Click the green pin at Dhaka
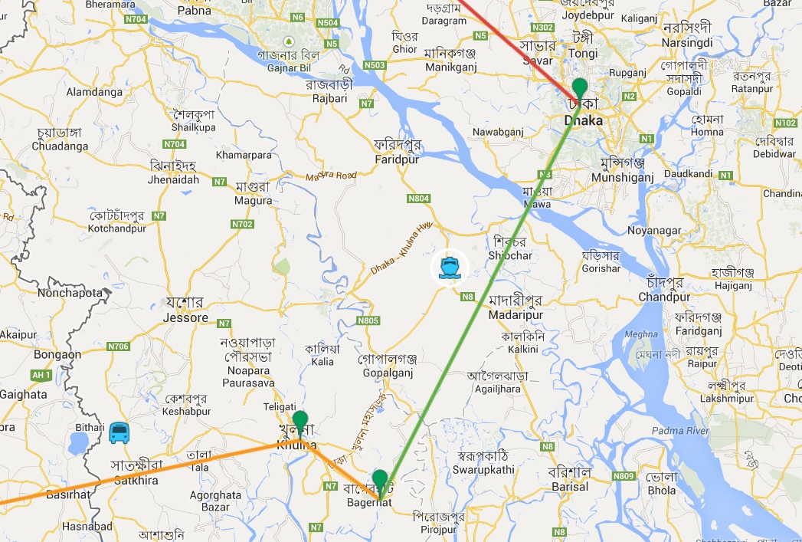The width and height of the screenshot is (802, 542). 580,87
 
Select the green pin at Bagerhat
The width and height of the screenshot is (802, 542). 379,481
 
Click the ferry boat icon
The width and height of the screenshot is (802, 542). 449,267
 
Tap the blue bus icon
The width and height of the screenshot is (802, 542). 119,433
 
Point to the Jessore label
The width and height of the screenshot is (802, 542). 185,317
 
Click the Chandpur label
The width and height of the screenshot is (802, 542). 664,297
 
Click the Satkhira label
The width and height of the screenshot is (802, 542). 135,480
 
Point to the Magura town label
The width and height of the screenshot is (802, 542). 254,201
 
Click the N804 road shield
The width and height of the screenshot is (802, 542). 419,198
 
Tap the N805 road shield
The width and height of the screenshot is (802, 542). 368,320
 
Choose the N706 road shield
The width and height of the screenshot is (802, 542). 118,347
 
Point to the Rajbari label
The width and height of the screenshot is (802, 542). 327,98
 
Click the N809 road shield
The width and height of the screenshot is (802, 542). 624,476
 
